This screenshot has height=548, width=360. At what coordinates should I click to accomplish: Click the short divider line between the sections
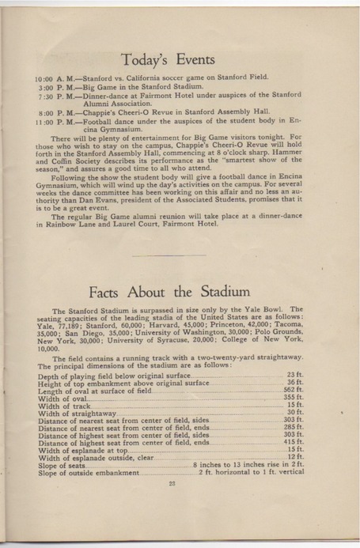point(180,255)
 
